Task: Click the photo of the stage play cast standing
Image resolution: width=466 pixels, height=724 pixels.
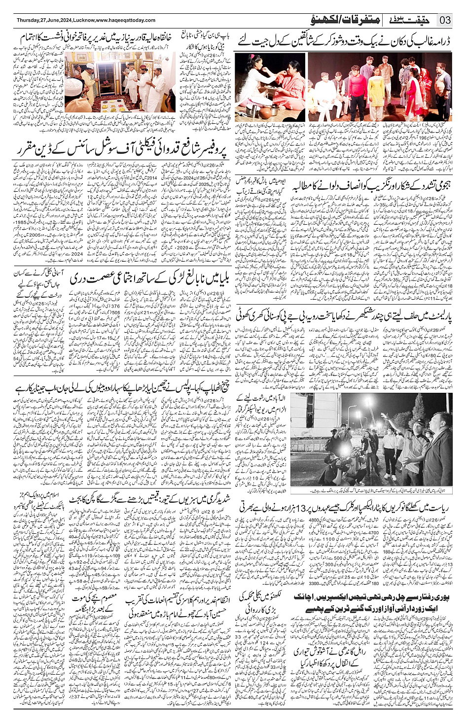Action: click(x=380, y=87)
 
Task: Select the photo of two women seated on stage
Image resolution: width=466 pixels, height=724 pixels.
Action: click(x=270, y=87)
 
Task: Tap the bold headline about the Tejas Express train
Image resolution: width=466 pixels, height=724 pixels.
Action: click(x=372, y=602)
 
